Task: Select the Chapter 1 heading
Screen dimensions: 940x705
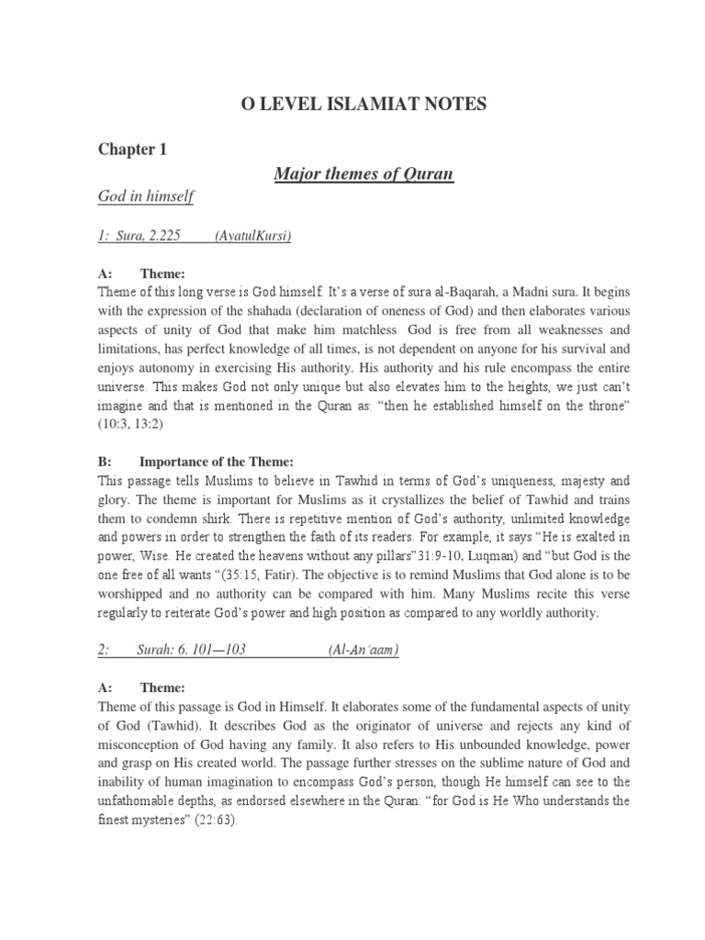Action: tap(132, 151)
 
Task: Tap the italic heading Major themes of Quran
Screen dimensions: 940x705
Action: tap(364, 173)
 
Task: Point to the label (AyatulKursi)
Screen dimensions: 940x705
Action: tap(252, 236)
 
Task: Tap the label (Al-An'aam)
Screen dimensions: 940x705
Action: tap(364, 650)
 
